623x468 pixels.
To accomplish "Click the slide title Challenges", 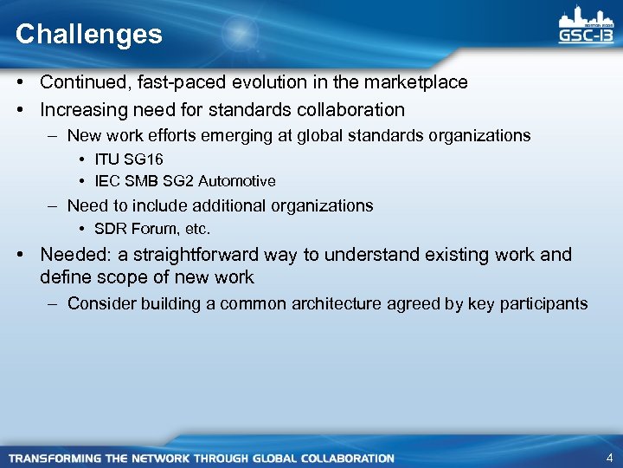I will pyautogui.click(x=88, y=35).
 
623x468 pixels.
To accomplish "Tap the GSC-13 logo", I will pyautogui.click(x=588, y=29).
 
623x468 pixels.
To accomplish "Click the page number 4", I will pyautogui.click(x=609, y=457).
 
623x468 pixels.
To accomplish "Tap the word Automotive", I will pyautogui.click(x=236, y=181).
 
